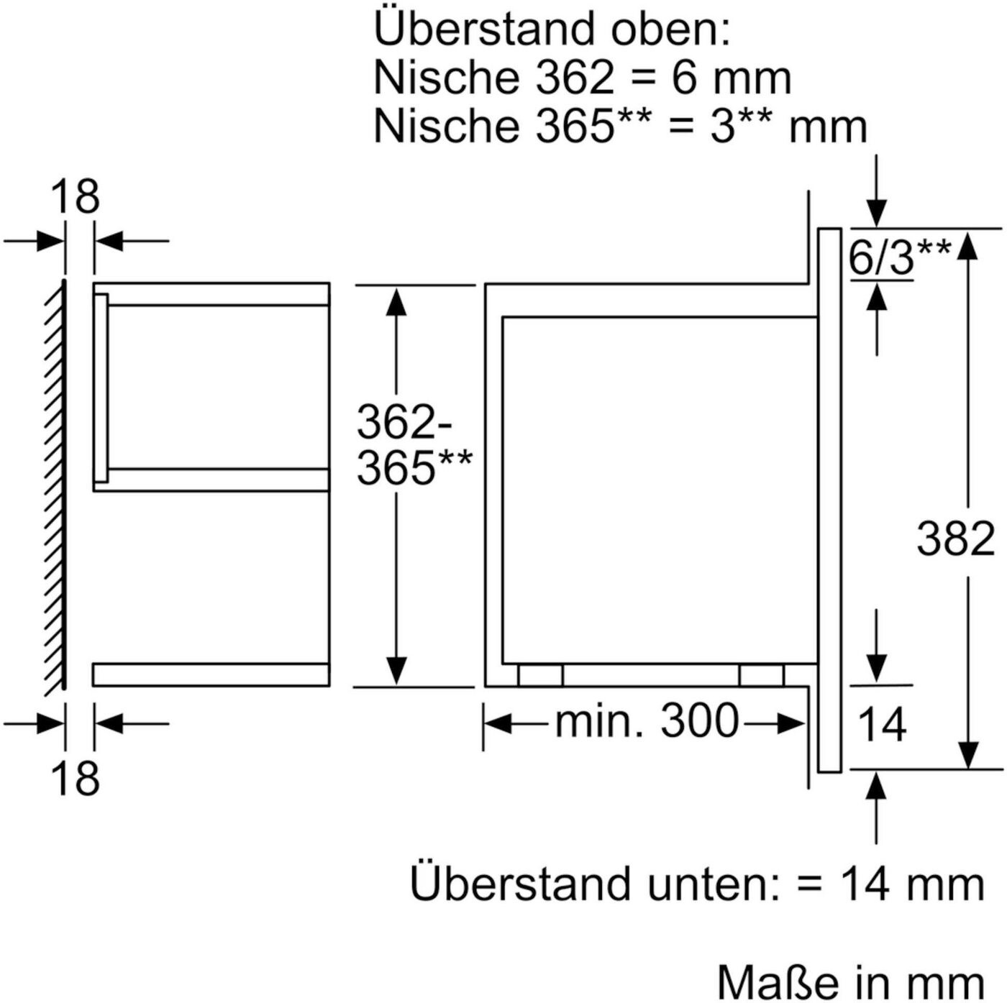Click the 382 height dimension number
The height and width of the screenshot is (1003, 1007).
click(x=956, y=539)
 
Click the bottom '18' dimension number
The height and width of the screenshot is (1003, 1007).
click(x=76, y=777)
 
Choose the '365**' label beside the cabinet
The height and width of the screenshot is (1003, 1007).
click(x=414, y=467)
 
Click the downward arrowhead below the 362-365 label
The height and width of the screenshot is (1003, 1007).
click(x=397, y=669)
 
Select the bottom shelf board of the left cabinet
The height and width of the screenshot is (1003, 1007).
click(x=211, y=674)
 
